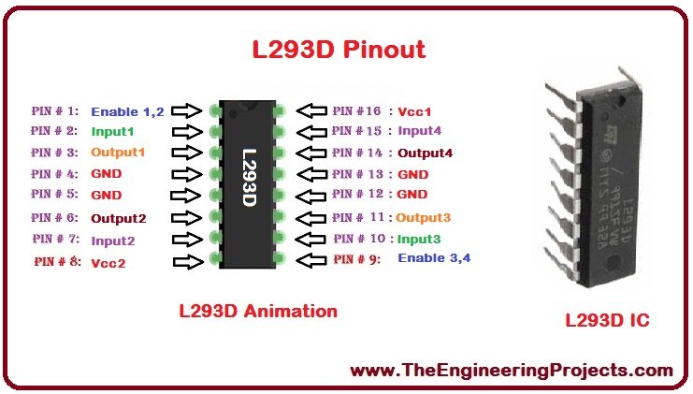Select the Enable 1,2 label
click(127, 111)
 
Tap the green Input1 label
click(112, 132)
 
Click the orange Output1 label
click(118, 152)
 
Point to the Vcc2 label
click(108, 263)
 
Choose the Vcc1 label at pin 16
click(415, 111)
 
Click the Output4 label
click(426, 153)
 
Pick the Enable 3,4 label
click(435, 257)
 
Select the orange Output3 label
click(423, 217)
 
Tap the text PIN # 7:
click(56, 241)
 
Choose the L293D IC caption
click(607, 321)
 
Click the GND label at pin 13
click(412, 174)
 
